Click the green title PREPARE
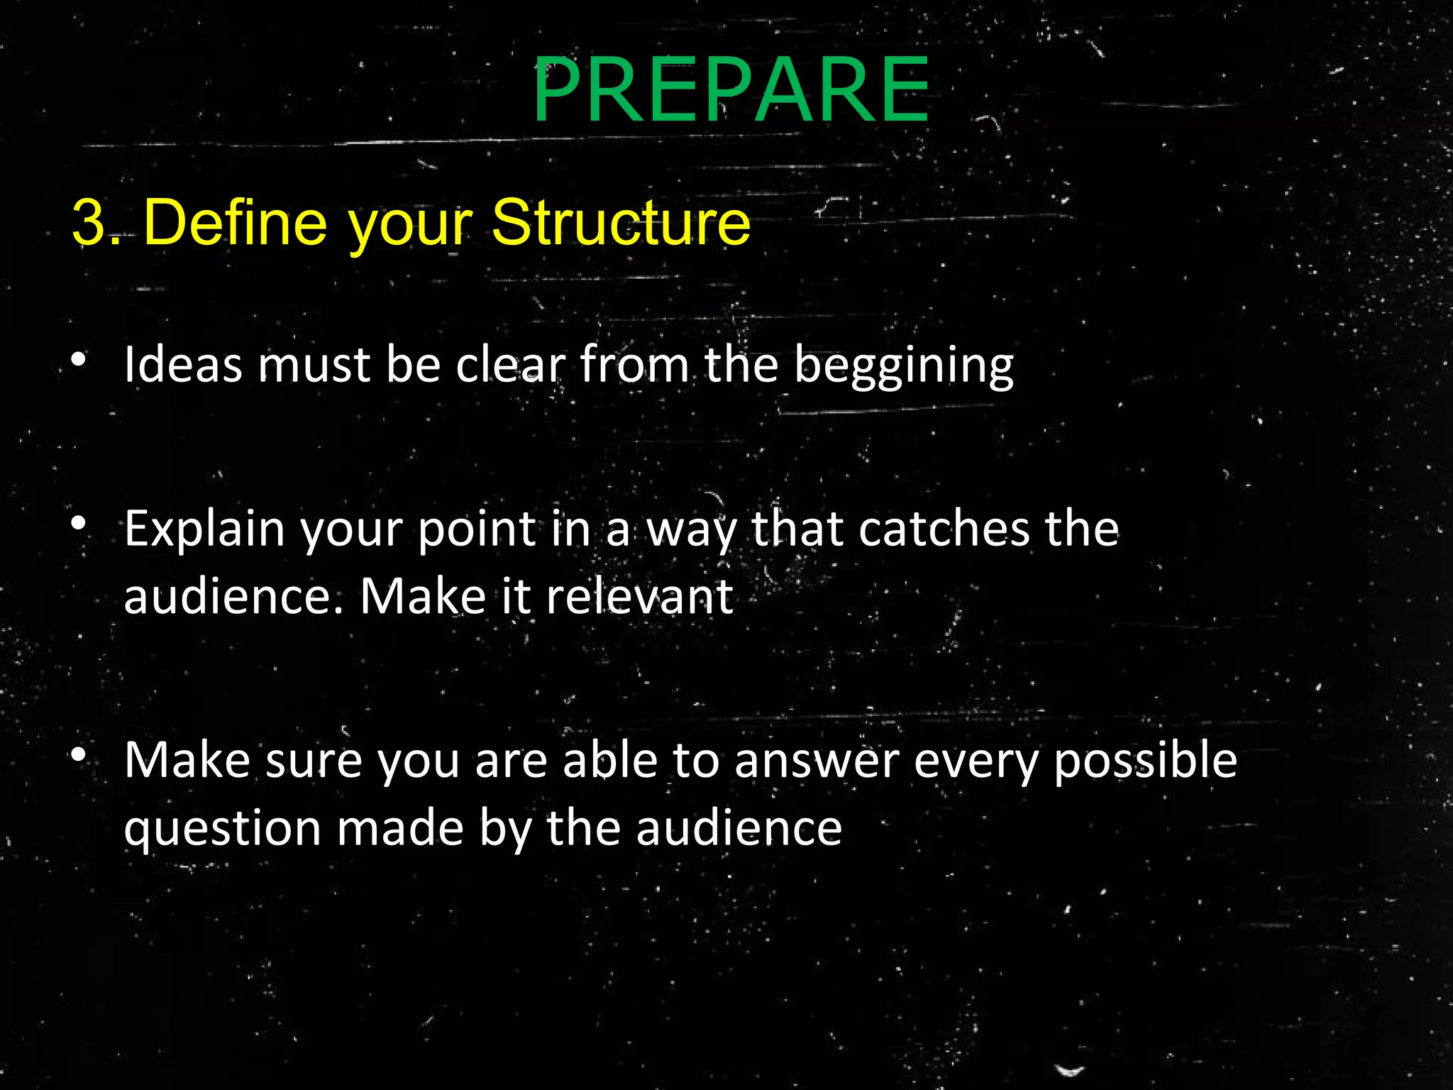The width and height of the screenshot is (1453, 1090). [731, 90]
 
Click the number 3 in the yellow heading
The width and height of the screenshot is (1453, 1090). [88, 224]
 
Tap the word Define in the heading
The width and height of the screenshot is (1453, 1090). [235, 224]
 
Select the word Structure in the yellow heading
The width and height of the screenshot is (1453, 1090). [620, 224]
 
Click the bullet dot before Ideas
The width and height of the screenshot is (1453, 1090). [79, 360]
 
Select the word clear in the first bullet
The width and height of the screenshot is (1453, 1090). [510, 365]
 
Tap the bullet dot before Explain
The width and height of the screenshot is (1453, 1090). [79, 524]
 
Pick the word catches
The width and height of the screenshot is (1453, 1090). [943, 529]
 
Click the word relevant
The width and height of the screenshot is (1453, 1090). [639, 597]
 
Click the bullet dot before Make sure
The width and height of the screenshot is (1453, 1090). [79, 754]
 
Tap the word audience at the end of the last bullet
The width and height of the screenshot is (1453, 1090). [738, 828]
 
